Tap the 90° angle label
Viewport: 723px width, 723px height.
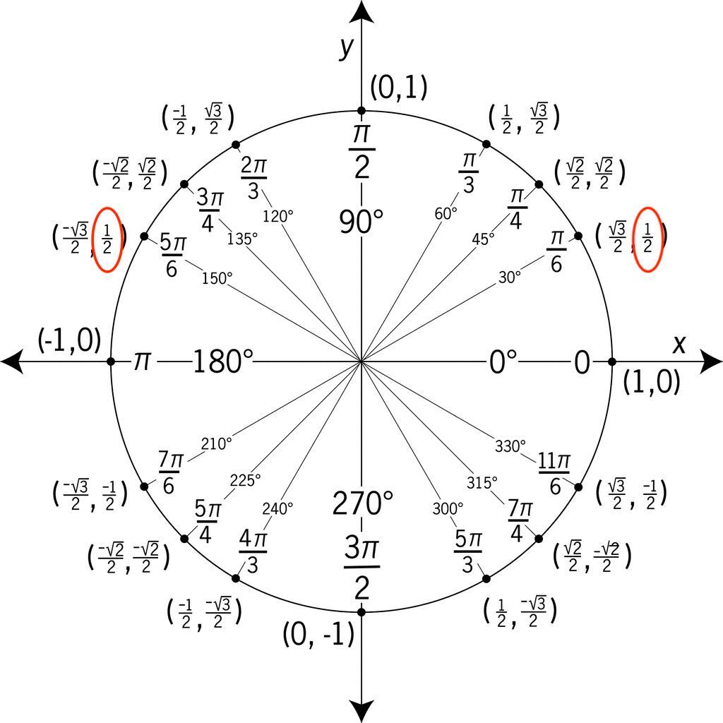[x=361, y=222]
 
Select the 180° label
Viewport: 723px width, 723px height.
[x=222, y=362]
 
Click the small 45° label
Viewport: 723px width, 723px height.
[x=483, y=239]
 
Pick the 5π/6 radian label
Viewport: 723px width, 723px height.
[x=172, y=255]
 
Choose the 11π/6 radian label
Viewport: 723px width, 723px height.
[x=554, y=472]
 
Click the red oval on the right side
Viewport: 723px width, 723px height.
[x=647, y=239]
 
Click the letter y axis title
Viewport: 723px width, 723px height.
[x=346, y=47]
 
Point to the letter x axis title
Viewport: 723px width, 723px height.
[x=679, y=344]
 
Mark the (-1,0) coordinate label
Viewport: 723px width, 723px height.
[x=69, y=340]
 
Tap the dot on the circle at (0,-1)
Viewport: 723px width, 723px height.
[x=361, y=611]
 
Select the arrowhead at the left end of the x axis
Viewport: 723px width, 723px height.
[x=11, y=361]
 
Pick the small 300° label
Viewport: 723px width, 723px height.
[x=448, y=508]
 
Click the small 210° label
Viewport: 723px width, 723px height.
[x=216, y=444]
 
